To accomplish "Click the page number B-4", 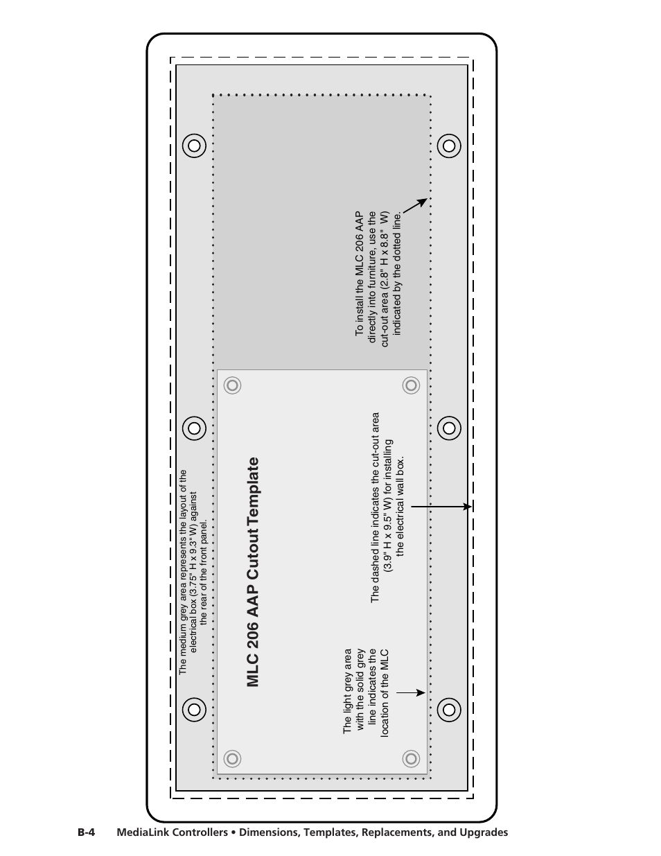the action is (86, 832).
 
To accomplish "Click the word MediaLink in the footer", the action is (140, 832).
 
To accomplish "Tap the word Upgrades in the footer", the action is (484, 832).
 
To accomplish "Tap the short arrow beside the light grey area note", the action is (411, 692).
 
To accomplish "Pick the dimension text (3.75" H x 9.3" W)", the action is (194, 550).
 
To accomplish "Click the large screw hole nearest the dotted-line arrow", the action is (449, 146).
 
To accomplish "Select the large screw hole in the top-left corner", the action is (194, 146).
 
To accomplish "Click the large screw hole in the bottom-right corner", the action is (449, 709).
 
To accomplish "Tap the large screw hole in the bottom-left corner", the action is (194, 709).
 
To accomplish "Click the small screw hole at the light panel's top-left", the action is (233, 385).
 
